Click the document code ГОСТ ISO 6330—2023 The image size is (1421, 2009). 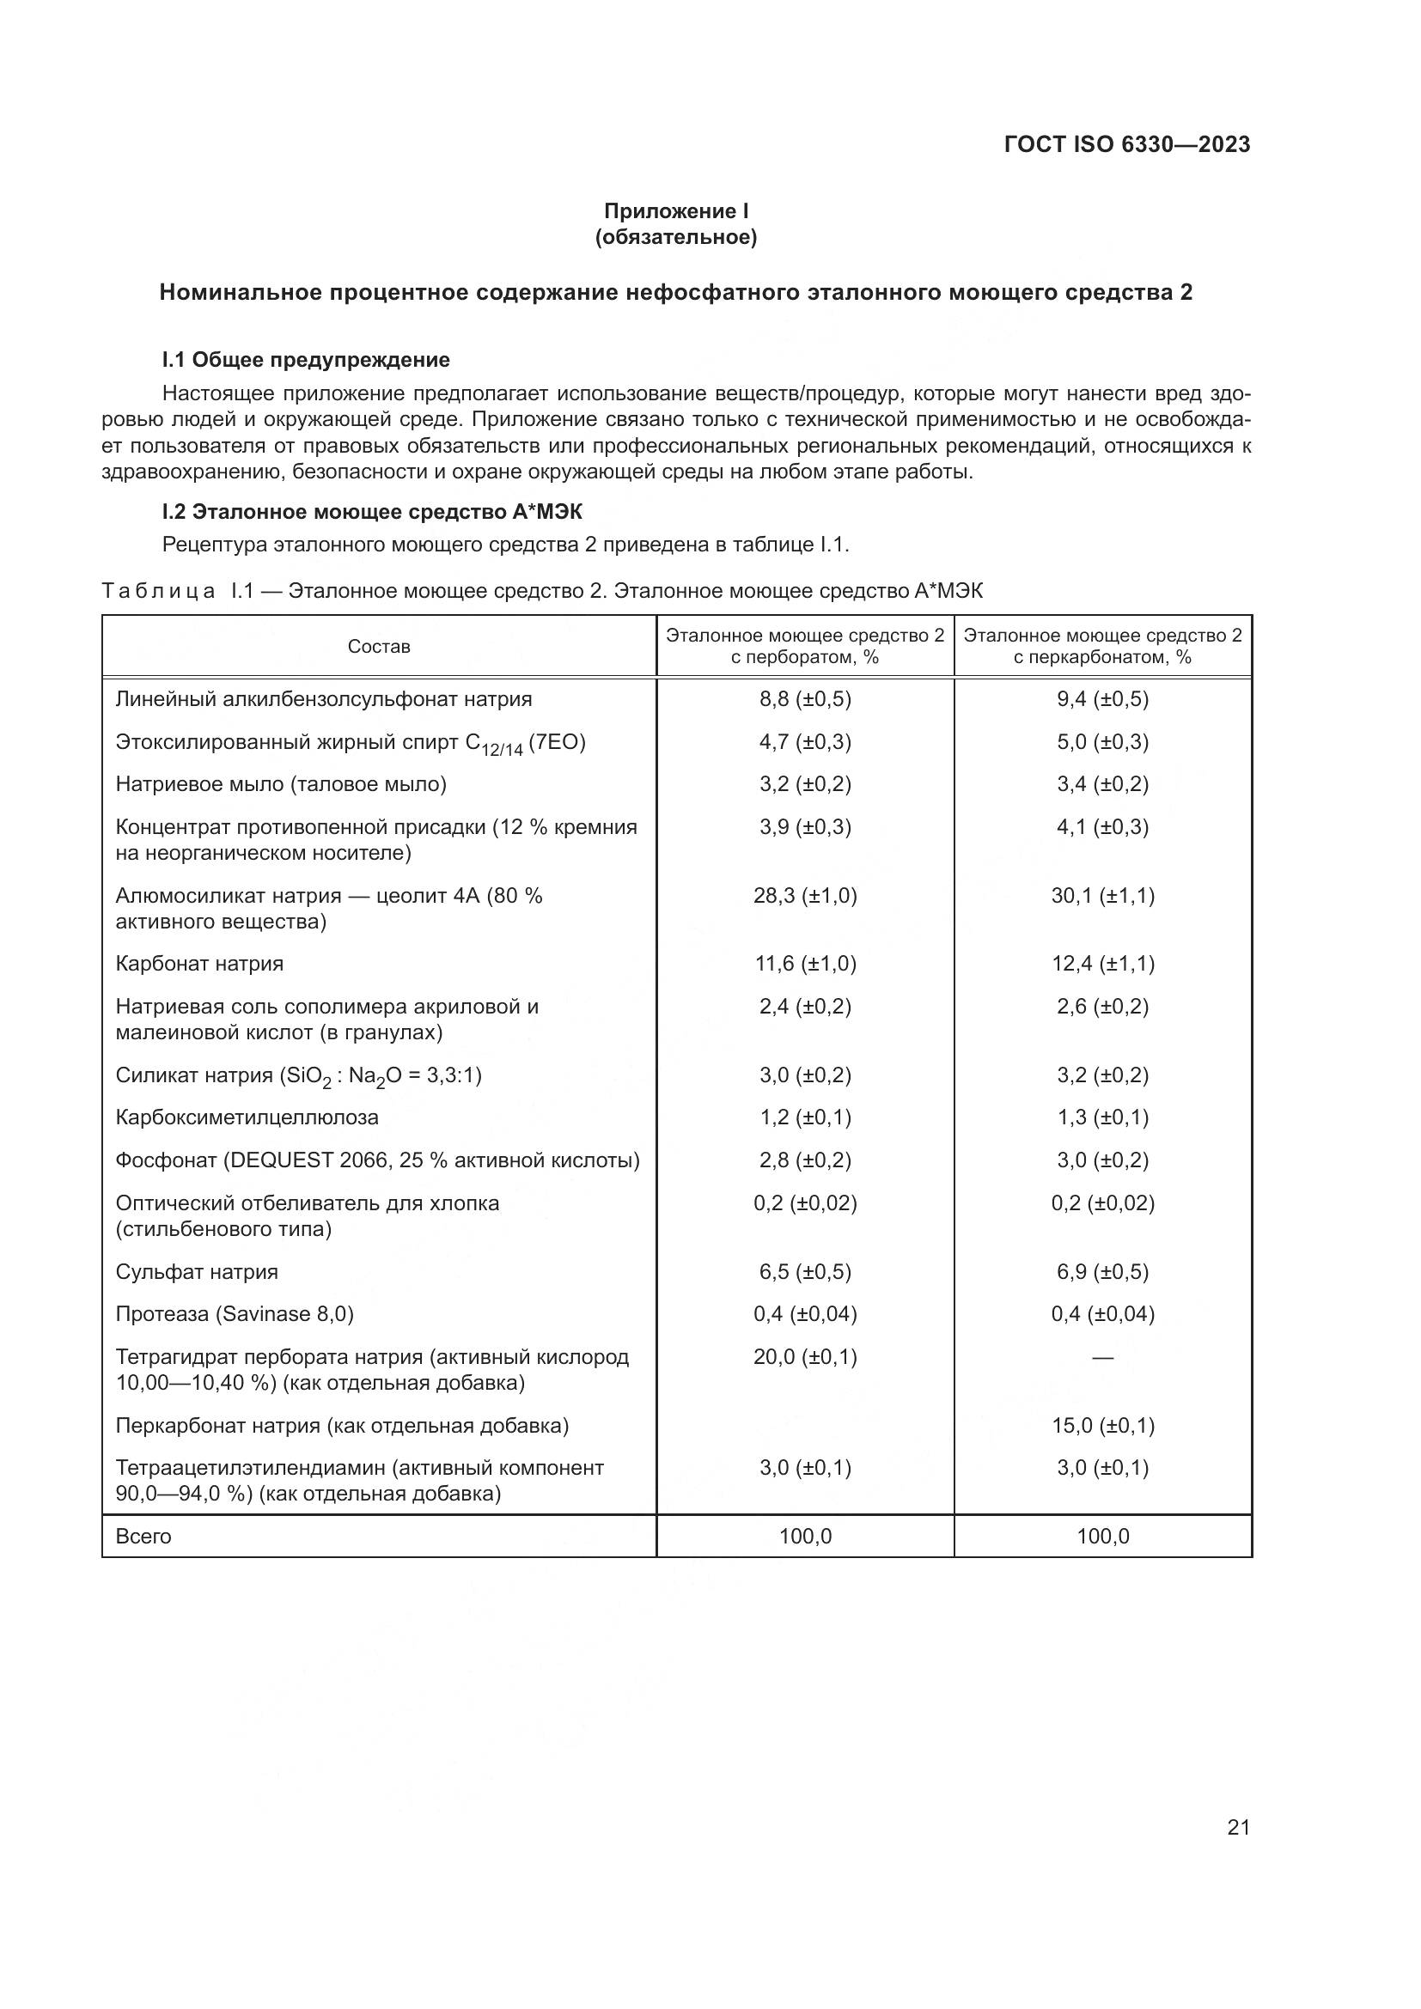[1127, 144]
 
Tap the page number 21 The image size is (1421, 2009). [1238, 1827]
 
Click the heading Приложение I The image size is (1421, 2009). [675, 211]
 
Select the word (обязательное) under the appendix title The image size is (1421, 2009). [675, 237]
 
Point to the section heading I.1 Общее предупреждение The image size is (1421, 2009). [305, 360]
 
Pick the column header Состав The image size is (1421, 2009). [379, 647]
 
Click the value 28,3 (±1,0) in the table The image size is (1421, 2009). [805, 896]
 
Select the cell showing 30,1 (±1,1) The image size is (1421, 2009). [1102, 896]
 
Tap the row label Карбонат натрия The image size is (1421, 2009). [199, 964]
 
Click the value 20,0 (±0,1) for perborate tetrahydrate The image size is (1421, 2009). [805, 1357]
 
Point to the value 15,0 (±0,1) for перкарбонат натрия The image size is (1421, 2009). [1102, 1426]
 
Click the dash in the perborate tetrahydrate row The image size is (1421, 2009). [1102, 1358]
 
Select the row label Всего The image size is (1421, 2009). [143, 1537]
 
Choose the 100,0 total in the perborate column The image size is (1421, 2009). [805, 1537]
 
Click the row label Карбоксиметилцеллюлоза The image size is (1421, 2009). [247, 1117]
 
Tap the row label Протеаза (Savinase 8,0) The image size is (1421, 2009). [235, 1314]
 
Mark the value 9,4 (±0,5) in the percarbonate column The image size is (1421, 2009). [1102, 699]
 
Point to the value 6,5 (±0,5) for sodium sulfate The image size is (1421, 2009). [805, 1271]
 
